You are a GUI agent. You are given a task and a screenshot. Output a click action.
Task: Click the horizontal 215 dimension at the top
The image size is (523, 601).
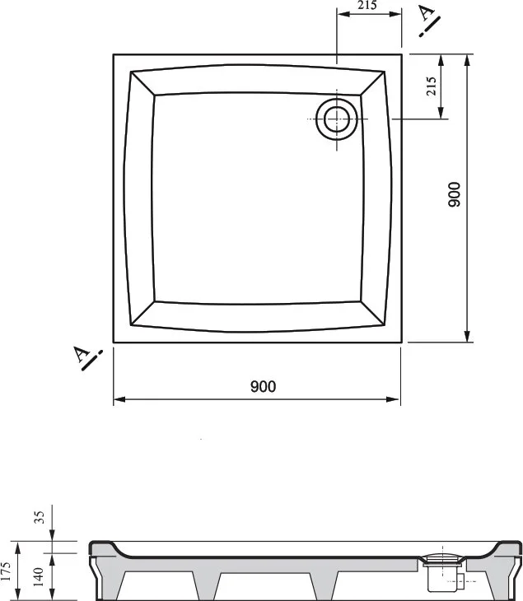point(367,6)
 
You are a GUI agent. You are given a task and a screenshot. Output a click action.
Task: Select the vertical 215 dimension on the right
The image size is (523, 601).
point(431,86)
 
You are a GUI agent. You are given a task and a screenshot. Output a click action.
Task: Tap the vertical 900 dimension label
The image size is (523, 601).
point(454,195)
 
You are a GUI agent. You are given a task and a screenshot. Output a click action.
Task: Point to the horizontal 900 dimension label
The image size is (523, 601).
point(263,386)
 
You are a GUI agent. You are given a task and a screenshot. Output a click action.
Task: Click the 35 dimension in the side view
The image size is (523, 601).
point(40,517)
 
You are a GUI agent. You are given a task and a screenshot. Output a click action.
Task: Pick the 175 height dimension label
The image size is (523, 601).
point(6,571)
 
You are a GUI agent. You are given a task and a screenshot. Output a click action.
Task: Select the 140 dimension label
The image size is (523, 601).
point(39,577)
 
